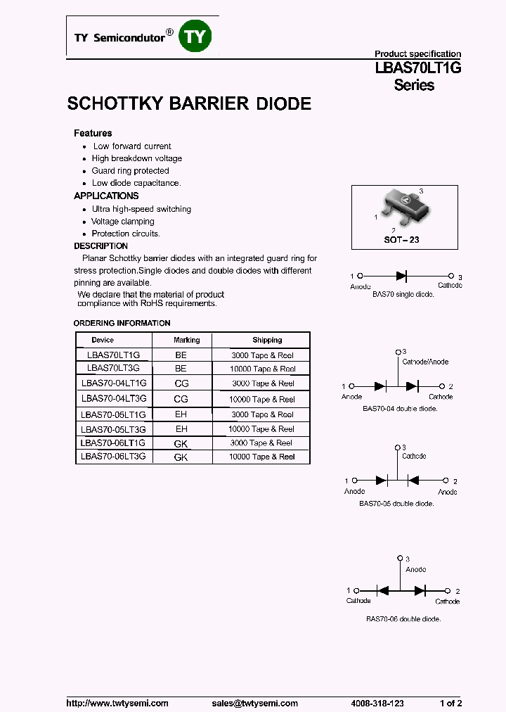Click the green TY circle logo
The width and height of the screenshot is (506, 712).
point(195,36)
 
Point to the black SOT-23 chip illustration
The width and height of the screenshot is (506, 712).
point(403,205)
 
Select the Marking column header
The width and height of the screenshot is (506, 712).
point(187,340)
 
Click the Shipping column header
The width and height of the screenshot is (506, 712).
point(267,340)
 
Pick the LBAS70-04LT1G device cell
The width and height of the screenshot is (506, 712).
point(114,383)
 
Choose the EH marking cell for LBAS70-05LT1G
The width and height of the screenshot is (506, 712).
point(181,414)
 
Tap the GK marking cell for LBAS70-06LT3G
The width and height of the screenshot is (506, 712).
point(181,457)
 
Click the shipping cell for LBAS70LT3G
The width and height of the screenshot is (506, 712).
point(262,369)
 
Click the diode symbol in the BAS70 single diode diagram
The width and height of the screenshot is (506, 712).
point(402,276)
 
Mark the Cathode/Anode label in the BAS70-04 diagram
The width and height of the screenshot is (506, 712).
point(424,362)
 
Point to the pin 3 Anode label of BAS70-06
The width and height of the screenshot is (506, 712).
point(415,569)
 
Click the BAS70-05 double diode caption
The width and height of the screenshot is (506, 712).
point(396,504)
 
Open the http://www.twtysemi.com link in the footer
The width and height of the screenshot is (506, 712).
point(117,704)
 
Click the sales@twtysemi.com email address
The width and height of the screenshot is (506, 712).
point(254,704)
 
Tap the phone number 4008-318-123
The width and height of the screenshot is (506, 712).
point(377,704)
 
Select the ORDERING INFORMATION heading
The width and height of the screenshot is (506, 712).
point(122,324)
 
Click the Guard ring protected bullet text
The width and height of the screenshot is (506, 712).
point(130,171)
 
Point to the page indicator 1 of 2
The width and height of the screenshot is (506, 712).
point(450,704)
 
